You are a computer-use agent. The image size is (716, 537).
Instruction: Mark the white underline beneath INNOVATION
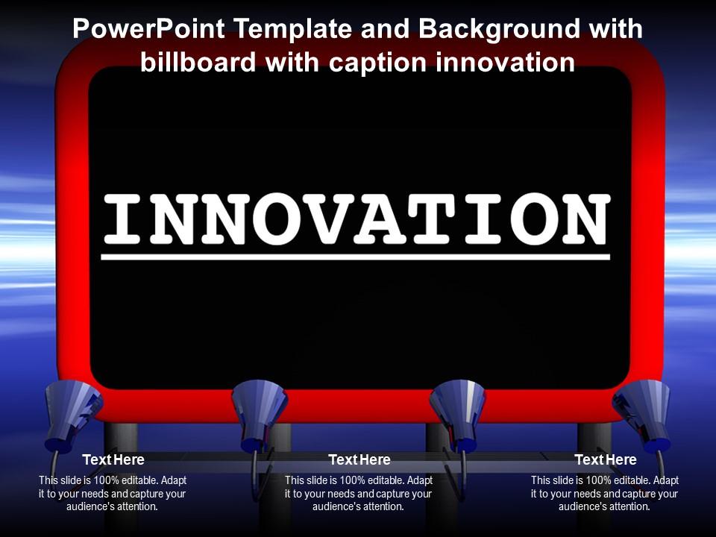[x=356, y=257]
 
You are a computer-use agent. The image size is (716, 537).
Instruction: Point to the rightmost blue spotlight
[x=642, y=409]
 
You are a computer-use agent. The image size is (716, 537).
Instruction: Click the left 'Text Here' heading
[x=113, y=459]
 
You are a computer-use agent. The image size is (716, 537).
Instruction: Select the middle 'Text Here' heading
[x=359, y=459]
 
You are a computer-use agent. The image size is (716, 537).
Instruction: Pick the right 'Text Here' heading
[x=605, y=459]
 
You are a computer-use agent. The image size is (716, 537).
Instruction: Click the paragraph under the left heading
[x=113, y=493]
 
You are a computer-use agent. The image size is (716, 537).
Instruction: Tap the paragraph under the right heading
[x=605, y=493]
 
